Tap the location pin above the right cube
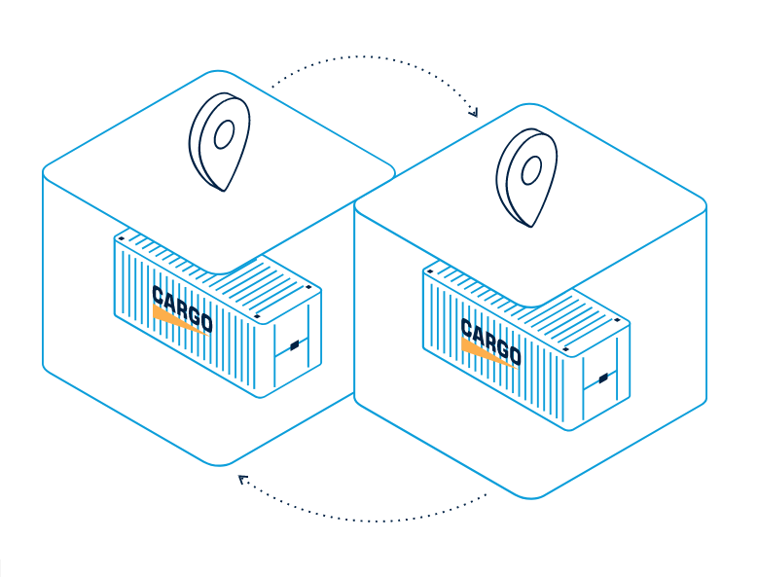click(526, 175)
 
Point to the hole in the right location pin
click(530, 171)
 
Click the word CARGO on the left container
click(182, 307)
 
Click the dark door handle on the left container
click(294, 344)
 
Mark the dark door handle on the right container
click(602, 377)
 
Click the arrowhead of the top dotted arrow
click(474, 113)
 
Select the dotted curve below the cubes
click(370, 517)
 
